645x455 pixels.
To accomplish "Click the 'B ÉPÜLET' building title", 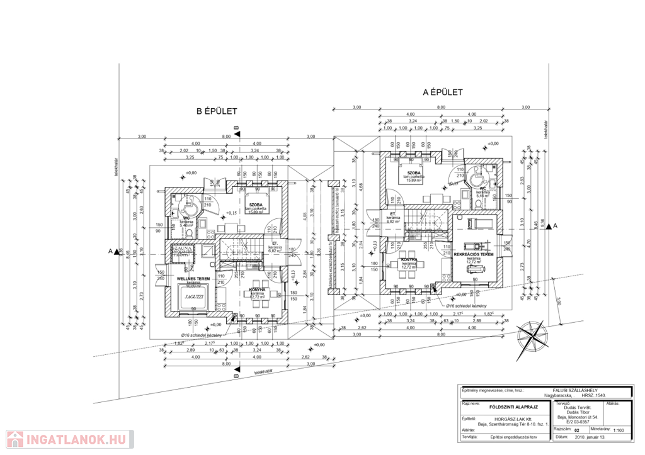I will coord(217,111).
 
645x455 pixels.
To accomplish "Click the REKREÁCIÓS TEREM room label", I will coord(473,254).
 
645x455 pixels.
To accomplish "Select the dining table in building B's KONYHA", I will coord(256,301).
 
